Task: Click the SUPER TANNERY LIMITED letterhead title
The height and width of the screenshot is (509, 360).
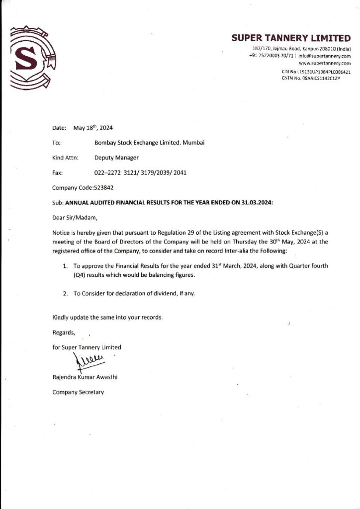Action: click(291, 38)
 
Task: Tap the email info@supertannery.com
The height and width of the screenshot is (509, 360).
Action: click(328, 56)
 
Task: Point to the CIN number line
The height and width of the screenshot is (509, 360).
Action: click(316, 72)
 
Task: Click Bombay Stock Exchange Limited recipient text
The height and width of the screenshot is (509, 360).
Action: click(149, 143)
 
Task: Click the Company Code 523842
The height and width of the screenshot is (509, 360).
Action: click(86, 188)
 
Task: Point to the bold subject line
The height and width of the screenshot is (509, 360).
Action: click(169, 203)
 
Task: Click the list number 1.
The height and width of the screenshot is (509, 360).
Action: click(65, 266)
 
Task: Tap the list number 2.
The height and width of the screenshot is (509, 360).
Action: click(65, 293)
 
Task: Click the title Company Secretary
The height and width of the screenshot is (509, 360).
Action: click(78, 392)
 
